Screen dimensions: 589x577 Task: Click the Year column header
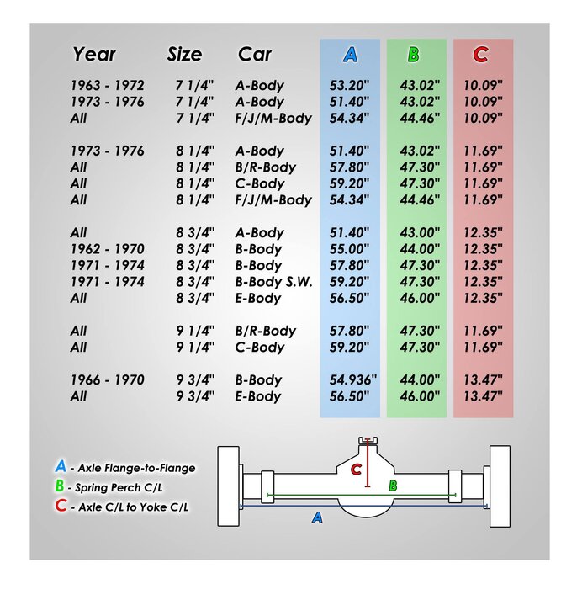(x=94, y=55)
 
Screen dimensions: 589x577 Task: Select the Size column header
(x=184, y=55)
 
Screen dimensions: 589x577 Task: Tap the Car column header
(x=255, y=55)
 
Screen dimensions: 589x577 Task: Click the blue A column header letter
(x=350, y=56)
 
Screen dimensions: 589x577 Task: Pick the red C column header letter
(x=480, y=56)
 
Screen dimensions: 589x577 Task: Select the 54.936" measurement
(x=352, y=380)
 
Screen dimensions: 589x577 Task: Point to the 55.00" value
(x=348, y=249)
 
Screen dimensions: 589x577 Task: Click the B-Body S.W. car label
(x=274, y=282)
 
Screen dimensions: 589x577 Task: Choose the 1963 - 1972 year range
(x=107, y=86)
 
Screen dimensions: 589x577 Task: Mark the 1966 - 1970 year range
(x=107, y=380)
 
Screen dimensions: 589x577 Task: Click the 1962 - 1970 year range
(x=107, y=249)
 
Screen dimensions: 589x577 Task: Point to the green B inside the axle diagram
(x=392, y=486)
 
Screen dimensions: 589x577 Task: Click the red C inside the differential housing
(x=357, y=470)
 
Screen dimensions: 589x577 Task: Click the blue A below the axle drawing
(x=317, y=517)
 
